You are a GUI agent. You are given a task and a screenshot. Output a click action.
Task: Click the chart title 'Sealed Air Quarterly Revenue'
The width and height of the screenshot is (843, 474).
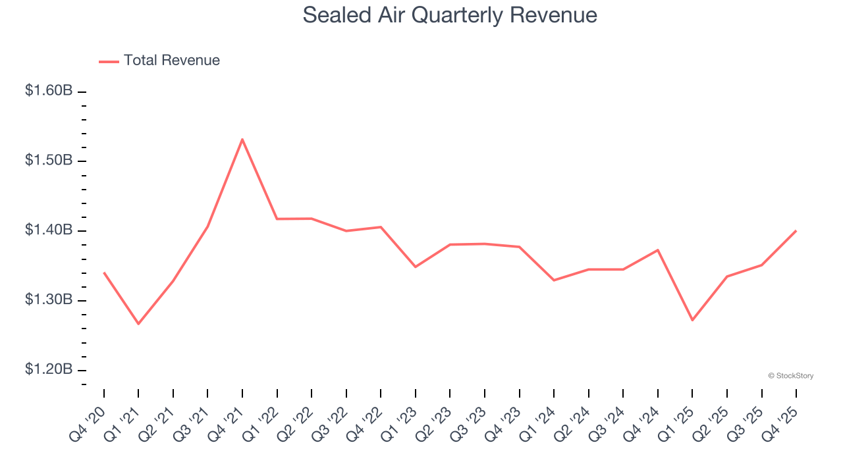pyautogui.click(x=450, y=15)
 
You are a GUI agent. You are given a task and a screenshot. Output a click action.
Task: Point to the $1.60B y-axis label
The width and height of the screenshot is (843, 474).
pyautogui.click(x=49, y=91)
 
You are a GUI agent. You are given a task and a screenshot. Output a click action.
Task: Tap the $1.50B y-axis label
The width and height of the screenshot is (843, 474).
pyautogui.click(x=49, y=161)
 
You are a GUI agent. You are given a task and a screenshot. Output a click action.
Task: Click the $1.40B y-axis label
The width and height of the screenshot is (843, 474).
pyautogui.click(x=49, y=230)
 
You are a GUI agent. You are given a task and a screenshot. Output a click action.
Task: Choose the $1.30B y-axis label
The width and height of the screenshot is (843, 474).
pyautogui.click(x=49, y=300)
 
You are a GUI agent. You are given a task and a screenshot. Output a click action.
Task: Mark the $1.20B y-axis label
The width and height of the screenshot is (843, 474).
pyautogui.click(x=49, y=369)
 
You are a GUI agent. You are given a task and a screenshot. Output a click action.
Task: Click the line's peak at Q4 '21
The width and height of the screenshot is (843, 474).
pyautogui.click(x=242, y=139)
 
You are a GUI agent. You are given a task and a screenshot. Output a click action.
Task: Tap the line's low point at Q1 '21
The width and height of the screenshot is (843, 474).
pyautogui.click(x=138, y=324)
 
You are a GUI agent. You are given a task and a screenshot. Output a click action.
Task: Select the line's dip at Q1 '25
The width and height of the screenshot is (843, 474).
pyautogui.click(x=692, y=320)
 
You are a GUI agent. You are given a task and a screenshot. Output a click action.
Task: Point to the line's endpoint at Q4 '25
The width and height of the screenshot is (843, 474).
pyautogui.click(x=796, y=230)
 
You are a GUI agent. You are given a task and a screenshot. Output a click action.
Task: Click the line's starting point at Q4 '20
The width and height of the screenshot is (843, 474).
pyautogui.click(x=104, y=273)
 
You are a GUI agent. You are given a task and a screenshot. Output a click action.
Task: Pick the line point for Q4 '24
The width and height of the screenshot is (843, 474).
pyautogui.click(x=657, y=250)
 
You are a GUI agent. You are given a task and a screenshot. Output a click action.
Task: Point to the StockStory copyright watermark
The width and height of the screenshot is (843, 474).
pyautogui.click(x=790, y=376)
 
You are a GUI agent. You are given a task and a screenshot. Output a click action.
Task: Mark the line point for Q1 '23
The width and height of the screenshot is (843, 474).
pyautogui.click(x=415, y=267)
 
